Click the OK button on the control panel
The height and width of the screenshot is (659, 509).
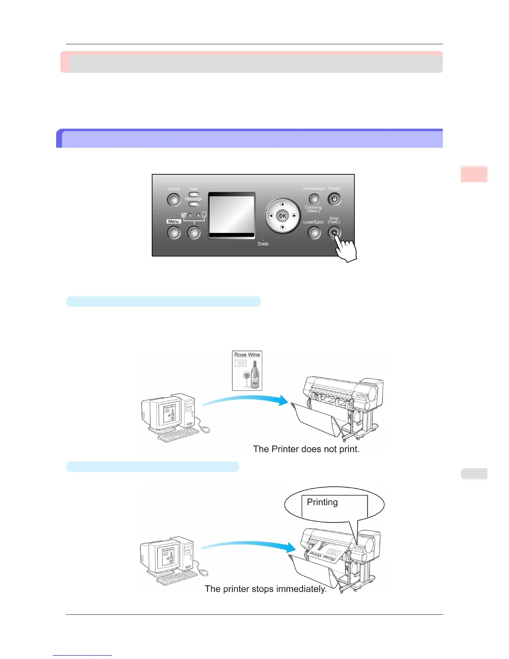(x=282, y=216)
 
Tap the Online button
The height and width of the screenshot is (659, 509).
(x=174, y=200)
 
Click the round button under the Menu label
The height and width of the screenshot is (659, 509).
(x=174, y=233)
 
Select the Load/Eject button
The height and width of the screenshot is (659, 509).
(x=314, y=233)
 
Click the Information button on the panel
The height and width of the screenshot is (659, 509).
(x=314, y=199)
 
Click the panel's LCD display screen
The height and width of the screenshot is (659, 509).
(x=232, y=215)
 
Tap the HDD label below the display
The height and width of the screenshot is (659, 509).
(x=263, y=244)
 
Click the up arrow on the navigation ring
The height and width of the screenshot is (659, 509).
(x=282, y=204)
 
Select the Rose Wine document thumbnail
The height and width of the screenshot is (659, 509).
(x=247, y=371)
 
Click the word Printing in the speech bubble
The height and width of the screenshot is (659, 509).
(x=322, y=502)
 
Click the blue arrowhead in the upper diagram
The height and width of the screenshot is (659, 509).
(x=284, y=400)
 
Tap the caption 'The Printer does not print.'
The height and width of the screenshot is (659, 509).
(x=306, y=449)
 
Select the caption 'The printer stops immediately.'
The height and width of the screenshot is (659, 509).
(x=265, y=589)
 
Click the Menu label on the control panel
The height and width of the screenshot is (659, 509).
(x=173, y=221)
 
